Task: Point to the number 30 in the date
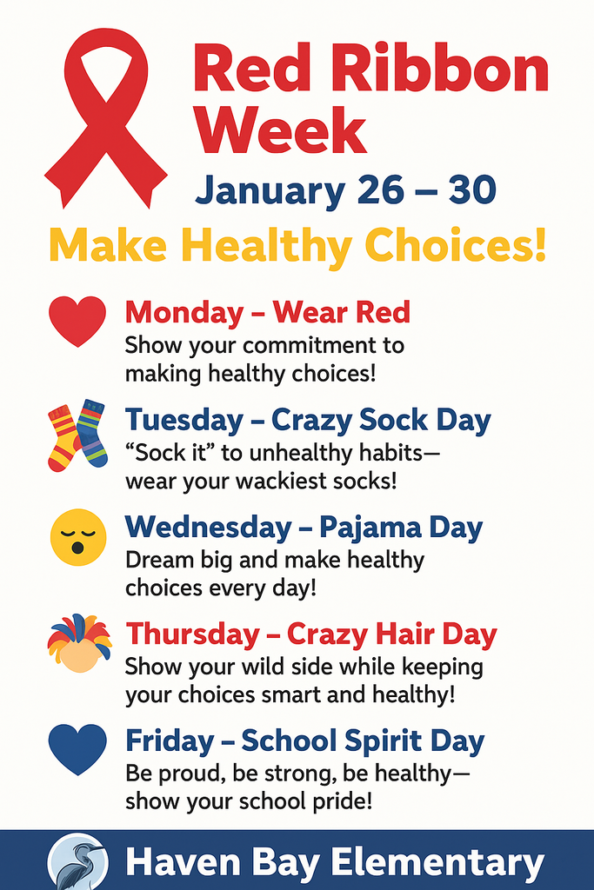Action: (471, 189)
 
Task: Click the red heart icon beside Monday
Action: (77, 321)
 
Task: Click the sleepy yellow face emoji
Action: (78, 535)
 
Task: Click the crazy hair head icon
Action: (78, 643)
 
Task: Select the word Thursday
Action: (191, 634)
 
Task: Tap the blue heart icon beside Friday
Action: (77, 749)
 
